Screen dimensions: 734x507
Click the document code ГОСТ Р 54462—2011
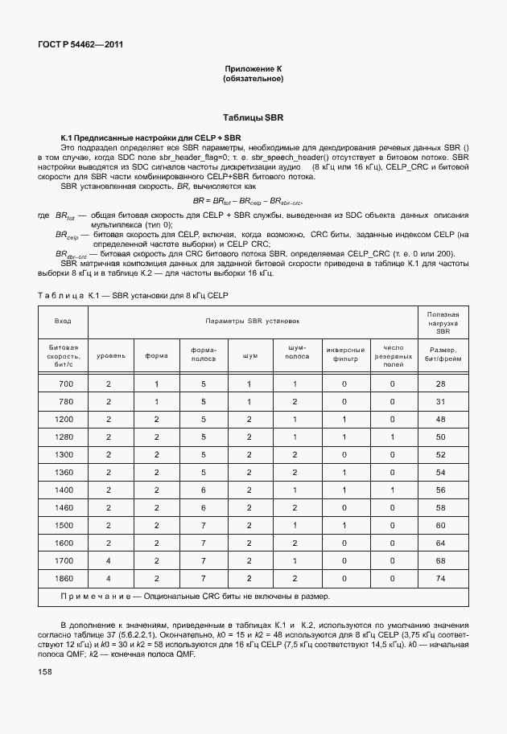[76, 45]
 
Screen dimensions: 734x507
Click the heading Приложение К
[253, 69]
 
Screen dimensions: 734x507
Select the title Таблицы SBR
[253, 117]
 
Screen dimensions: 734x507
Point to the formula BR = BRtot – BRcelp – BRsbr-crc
[253, 200]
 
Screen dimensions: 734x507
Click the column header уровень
[111, 355]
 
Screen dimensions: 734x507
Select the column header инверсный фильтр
[346, 355]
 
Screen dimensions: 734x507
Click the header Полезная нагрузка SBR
[441, 322]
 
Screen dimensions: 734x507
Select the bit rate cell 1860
[64, 578]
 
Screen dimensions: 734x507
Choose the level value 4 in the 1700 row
[109, 560]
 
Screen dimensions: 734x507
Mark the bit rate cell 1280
[64, 437]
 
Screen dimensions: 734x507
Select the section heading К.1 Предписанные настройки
[151, 138]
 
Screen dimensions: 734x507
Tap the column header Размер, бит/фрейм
[441, 355]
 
